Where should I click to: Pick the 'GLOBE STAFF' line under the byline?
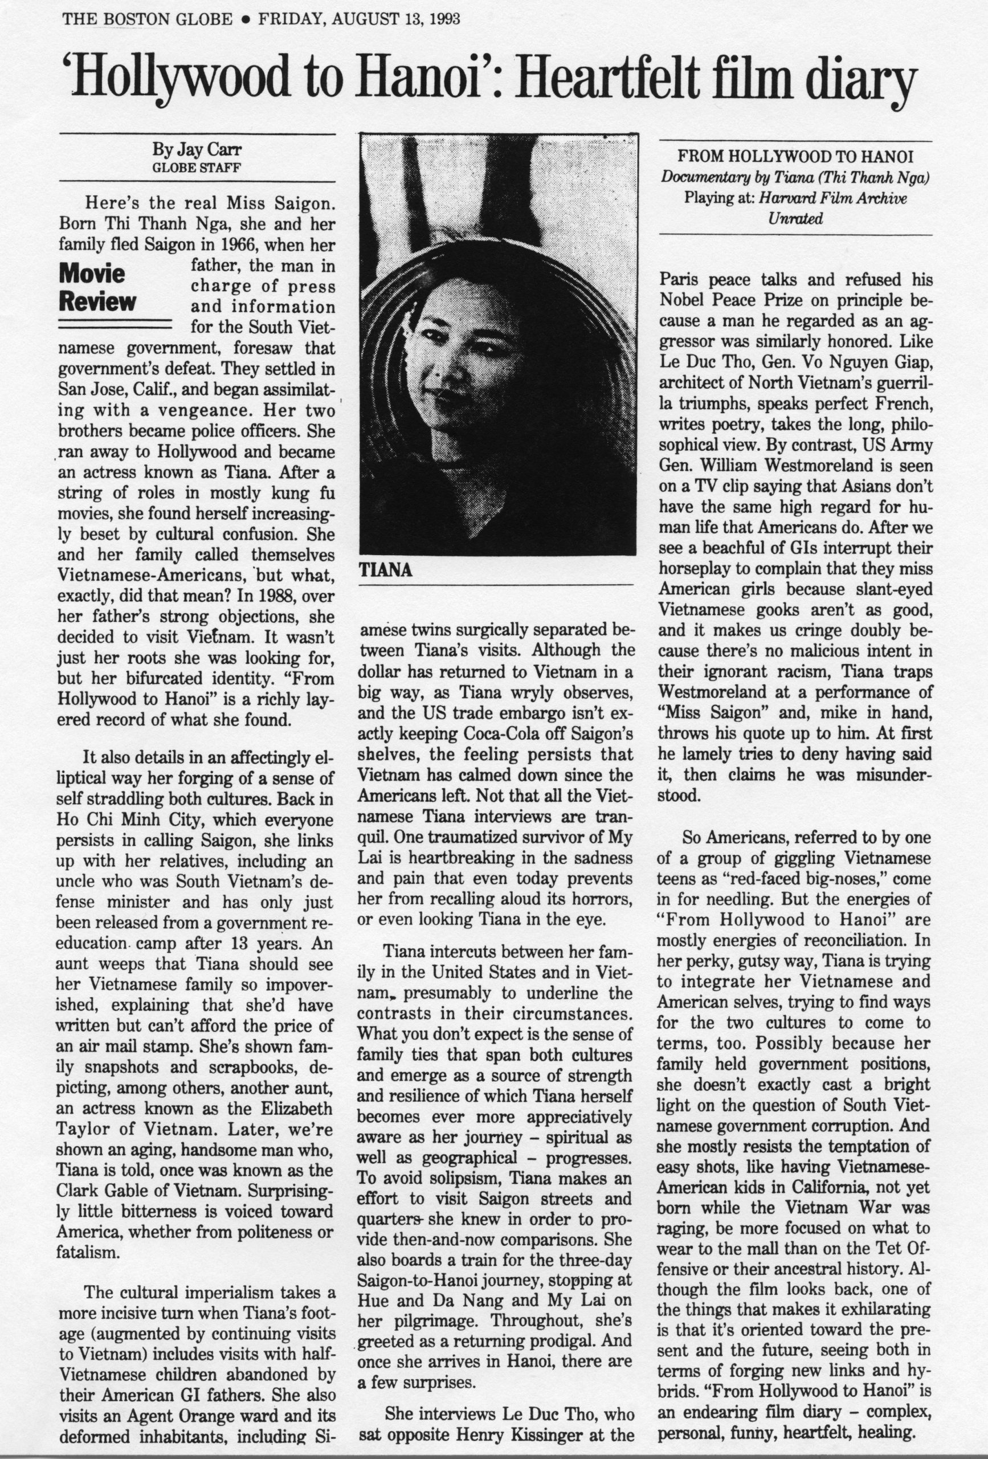click(x=197, y=168)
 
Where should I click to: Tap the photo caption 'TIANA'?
click(x=385, y=570)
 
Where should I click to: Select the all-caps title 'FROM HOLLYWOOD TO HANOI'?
click(x=795, y=154)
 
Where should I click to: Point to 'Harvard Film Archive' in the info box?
click(x=833, y=198)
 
